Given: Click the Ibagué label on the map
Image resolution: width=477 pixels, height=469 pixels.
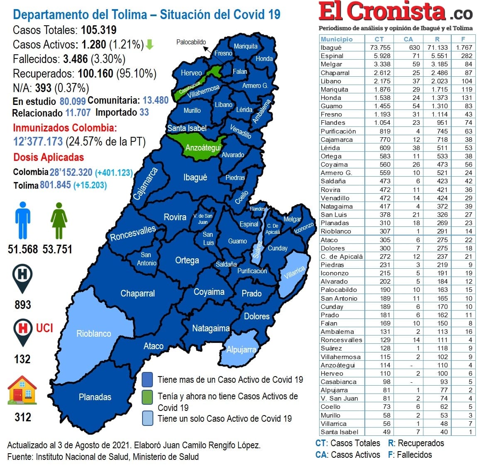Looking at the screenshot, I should [195, 177].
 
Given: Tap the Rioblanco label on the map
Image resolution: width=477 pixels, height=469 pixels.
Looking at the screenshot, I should [93, 334].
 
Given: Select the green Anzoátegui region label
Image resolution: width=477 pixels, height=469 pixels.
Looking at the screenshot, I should [203, 148].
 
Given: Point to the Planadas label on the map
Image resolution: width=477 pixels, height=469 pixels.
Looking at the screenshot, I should [95, 397].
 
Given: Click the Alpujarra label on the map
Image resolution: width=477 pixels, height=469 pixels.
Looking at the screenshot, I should [241, 350].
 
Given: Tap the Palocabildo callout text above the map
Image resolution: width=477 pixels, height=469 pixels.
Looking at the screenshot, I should [191, 42].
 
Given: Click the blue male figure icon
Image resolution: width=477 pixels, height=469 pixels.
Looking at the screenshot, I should [23, 220].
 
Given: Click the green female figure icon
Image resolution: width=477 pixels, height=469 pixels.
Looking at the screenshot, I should [59, 220].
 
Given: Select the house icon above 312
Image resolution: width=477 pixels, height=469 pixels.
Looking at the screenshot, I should [22, 390].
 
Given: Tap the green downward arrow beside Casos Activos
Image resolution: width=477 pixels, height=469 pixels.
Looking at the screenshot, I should [150, 45].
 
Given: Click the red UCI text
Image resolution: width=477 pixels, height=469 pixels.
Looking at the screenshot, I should [44, 328].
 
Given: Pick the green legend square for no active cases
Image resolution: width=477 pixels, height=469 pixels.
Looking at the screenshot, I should [147, 396].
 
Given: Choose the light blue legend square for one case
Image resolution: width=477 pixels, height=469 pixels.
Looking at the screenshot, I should [147, 418].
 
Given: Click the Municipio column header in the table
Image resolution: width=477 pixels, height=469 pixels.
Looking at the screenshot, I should [337, 39].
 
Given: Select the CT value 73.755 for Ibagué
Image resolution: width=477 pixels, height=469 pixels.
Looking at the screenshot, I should [380, 48].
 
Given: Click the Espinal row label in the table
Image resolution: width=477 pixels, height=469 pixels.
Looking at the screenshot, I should [332, 56].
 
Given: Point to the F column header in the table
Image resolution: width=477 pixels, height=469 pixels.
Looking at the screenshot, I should [463, 39].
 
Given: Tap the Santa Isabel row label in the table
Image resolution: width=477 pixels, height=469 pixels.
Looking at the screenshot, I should [339, 432].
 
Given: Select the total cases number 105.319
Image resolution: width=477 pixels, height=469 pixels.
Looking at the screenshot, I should [98, 30].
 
